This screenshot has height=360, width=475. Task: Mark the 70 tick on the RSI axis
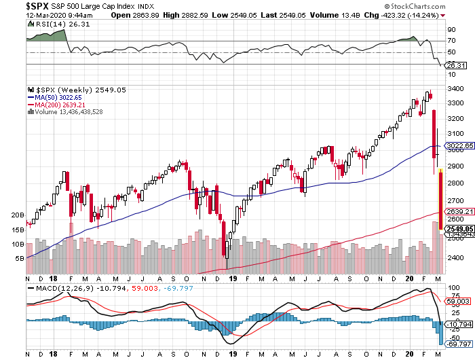[451, 41]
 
